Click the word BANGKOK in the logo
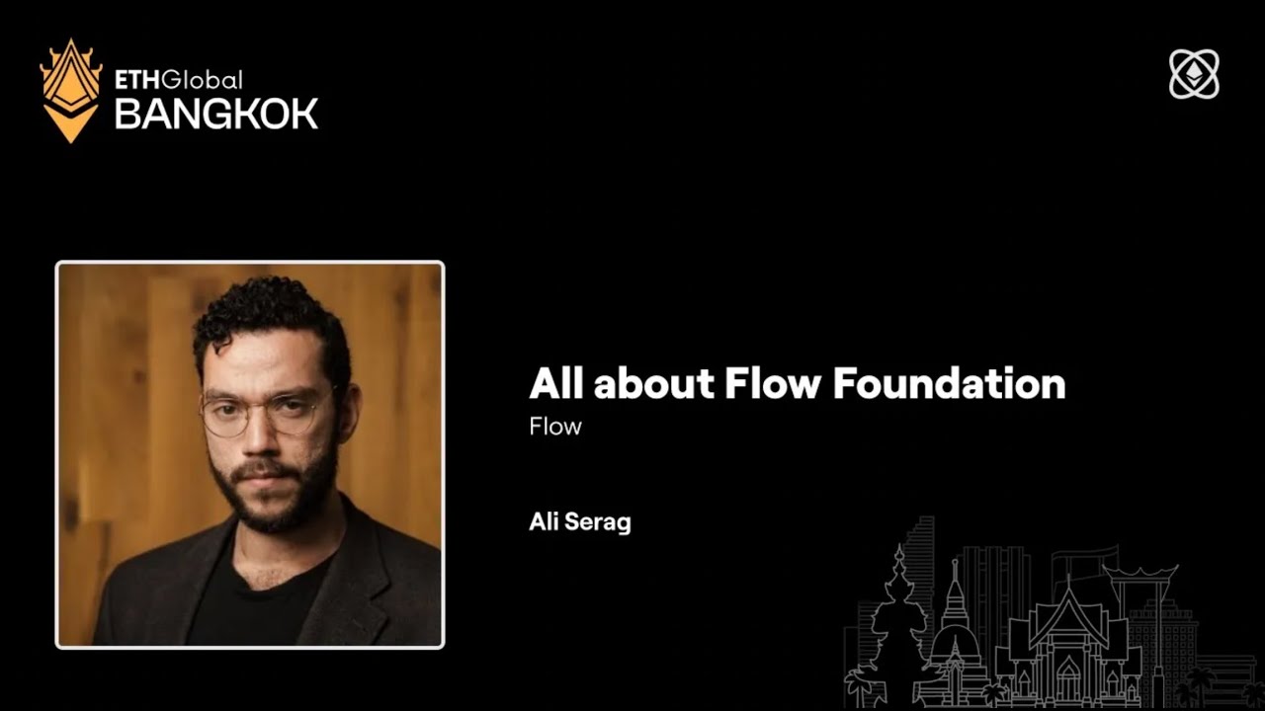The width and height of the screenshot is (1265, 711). (216, 114)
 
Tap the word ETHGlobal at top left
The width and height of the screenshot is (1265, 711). (178, 80)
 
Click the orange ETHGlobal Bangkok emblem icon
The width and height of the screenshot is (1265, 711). (70, 90)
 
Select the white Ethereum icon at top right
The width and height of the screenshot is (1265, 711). (1194, 74)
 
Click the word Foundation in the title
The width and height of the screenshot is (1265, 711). (949, 383)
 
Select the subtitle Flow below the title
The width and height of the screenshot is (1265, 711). (555, 427)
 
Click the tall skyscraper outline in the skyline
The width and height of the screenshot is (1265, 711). (919, 563)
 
